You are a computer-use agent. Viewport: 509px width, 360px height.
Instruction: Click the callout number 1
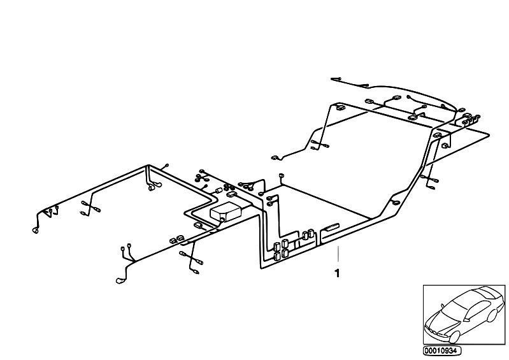coord(336,275)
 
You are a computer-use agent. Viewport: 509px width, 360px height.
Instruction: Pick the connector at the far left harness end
coord(36,230)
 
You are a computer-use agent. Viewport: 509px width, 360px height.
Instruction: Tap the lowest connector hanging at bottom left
coord(119,280)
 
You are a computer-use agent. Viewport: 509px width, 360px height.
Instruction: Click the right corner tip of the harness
coord(489,134)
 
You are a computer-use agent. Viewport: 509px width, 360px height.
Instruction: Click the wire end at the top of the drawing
coord(333,79)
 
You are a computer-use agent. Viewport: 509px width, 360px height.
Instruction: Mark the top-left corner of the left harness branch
coord(147,167)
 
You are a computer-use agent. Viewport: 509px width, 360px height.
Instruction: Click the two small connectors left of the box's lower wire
coord(176,240)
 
